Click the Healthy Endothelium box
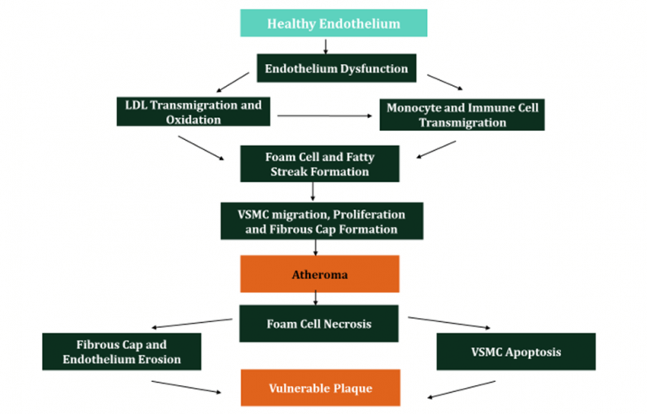point(334,23)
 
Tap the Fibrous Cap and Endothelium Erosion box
point(121,352)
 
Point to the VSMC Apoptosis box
point(516,352)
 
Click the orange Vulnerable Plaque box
point(319,388)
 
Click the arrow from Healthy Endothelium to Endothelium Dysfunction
point(325,46)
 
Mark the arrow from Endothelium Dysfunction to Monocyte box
point(445,83)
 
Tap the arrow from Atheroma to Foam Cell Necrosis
point(316,298)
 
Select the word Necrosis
point(349,322)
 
